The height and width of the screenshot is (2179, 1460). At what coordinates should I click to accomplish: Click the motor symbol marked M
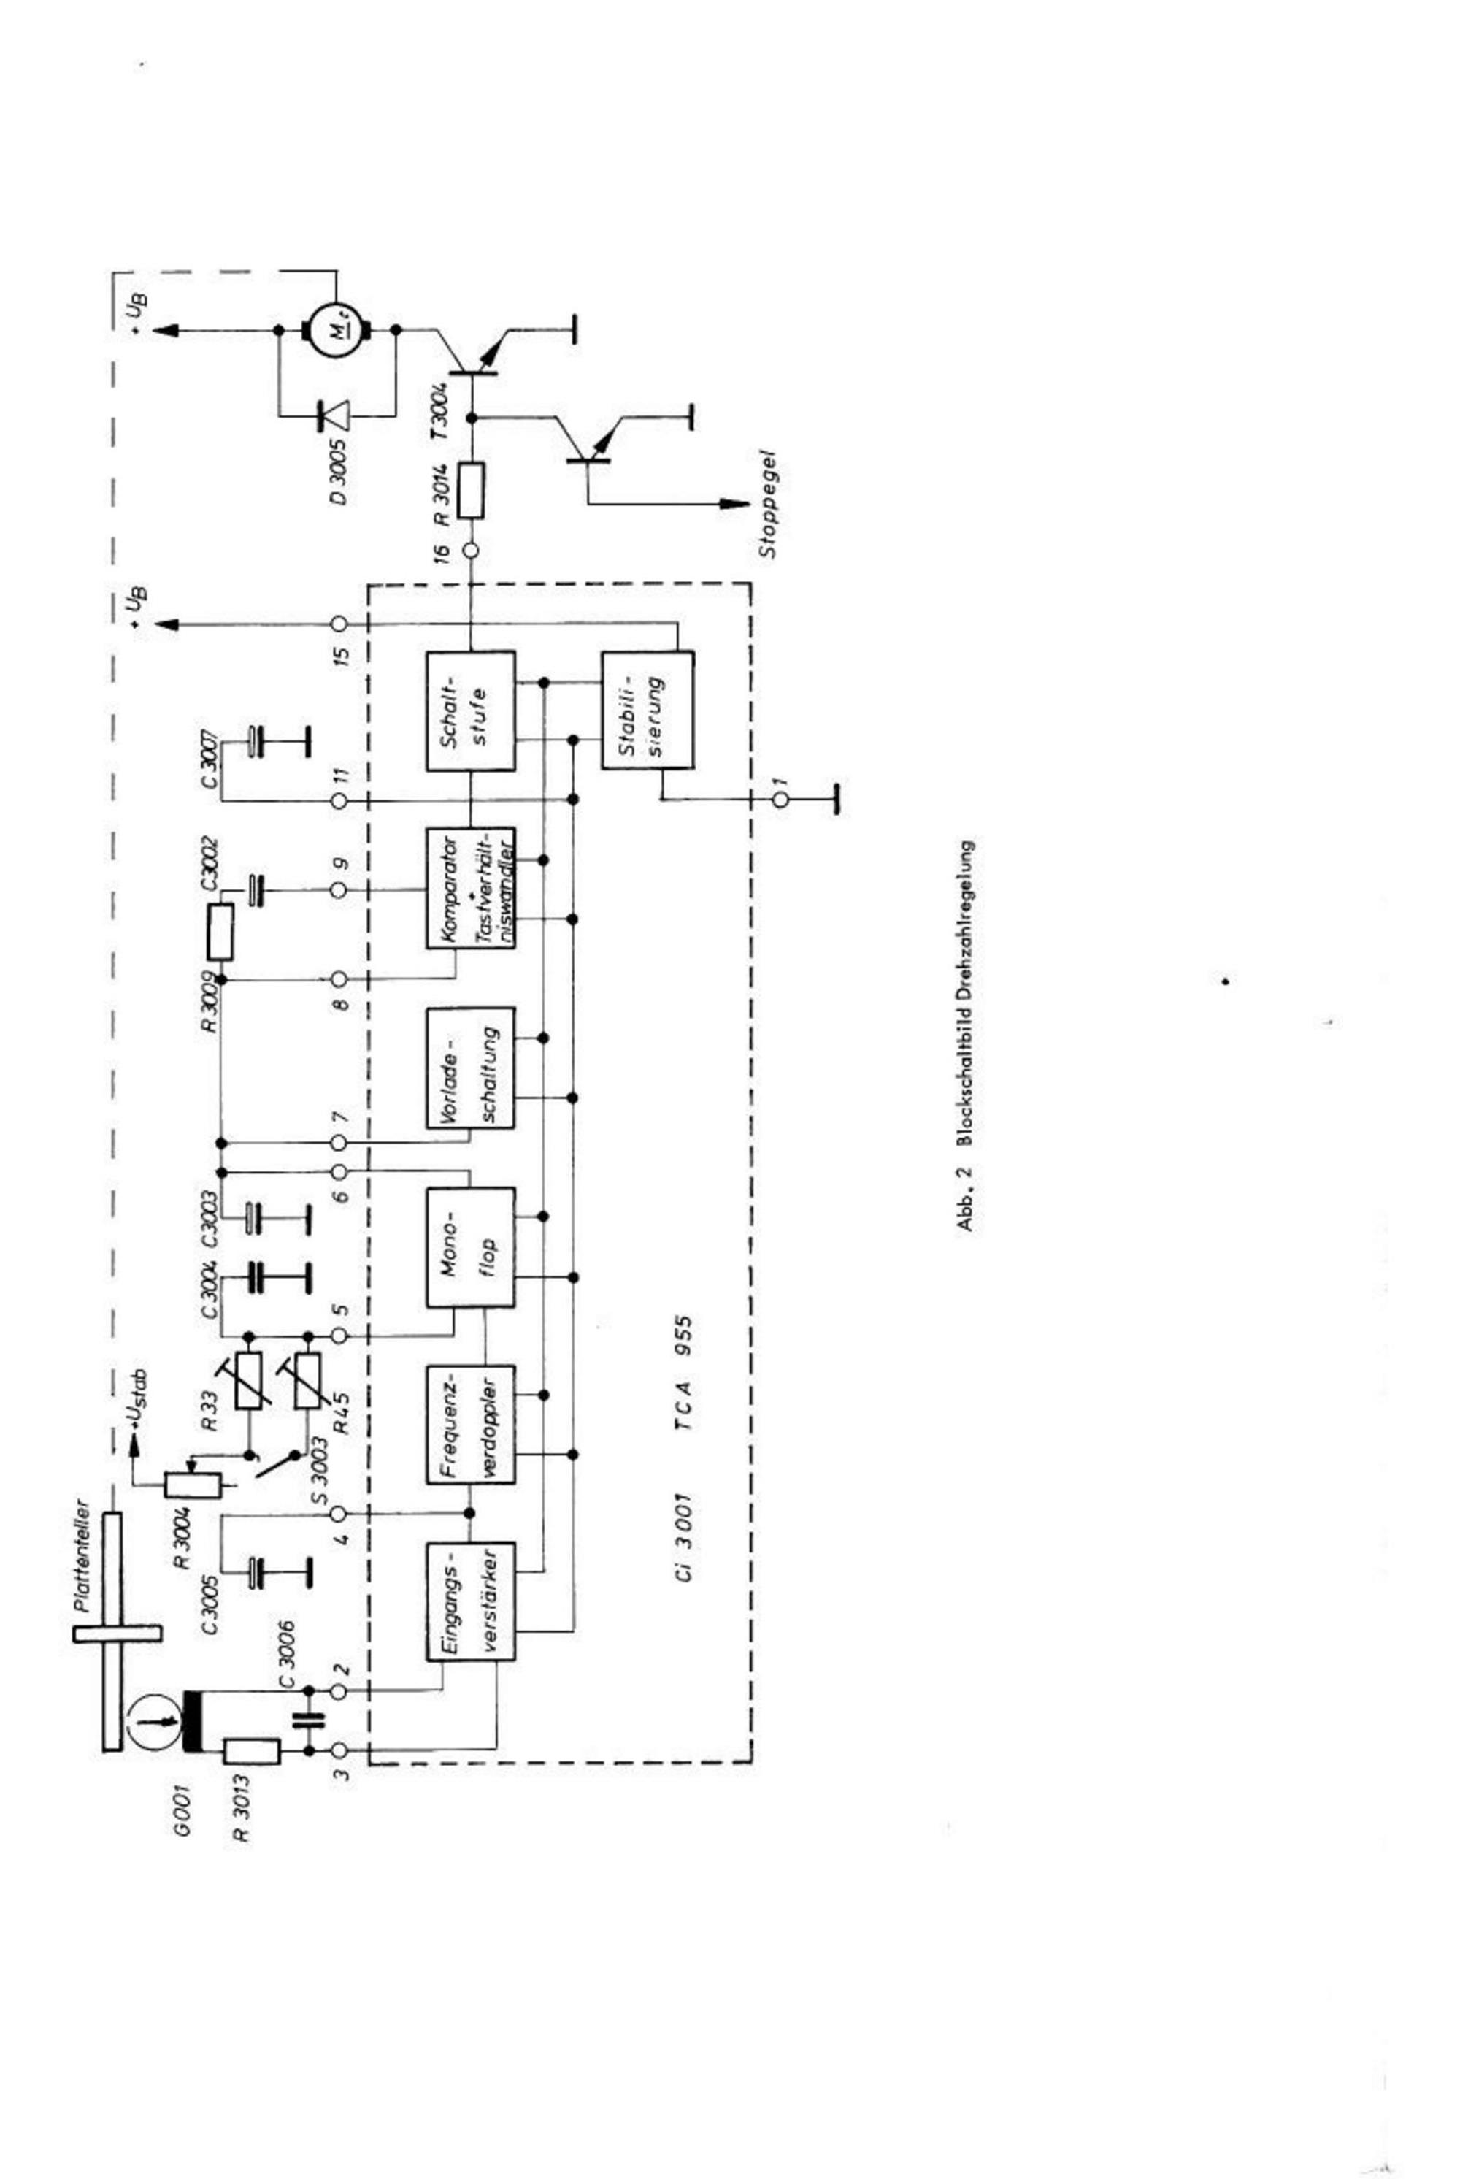click(336, 329)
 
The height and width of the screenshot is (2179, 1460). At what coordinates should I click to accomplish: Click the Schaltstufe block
click(470, 711)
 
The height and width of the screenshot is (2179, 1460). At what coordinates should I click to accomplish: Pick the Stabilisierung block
click(647, 710)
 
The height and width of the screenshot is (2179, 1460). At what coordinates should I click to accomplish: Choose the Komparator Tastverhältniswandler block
click(470, 887)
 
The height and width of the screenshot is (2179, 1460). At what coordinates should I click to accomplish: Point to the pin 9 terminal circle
click(339, 890)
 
